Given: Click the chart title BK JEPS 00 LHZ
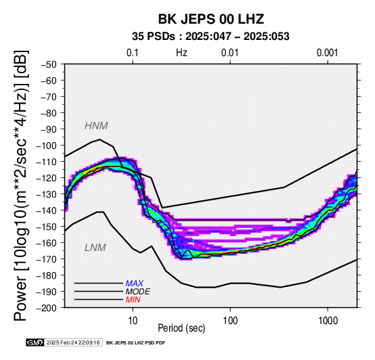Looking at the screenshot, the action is (x=211, y=19).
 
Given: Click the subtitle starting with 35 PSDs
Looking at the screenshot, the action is (x=211, y=37).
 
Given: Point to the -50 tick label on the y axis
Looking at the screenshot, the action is (x=49, y=64).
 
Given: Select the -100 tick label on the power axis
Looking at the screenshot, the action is (x=47, y=145).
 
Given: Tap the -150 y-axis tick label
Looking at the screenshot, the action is (x=47, y=227).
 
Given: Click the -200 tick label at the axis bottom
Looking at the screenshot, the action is (x=47, y=308).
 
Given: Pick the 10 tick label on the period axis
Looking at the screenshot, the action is (x=133, y=321).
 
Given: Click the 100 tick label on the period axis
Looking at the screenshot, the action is (x=230, y=321).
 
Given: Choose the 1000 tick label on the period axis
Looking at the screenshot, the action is (x=328, y=321).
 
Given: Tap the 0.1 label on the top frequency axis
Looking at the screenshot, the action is (x=133, y=53).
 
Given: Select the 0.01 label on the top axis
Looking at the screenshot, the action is (x=230, y=53).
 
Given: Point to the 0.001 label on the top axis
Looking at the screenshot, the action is (x=327, y=53).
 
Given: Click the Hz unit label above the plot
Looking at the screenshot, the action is (x=181, y=53).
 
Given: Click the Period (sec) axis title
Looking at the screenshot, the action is (x=181, y=328).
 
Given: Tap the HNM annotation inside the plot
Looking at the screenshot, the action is (x=96, y=126).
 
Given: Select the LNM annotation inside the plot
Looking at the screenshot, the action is (x=95, y=248).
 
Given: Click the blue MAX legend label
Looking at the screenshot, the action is (x=135, y=284).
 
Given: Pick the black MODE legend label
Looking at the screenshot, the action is (x=138, y=292).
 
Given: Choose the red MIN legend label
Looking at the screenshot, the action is (x=133, y=300).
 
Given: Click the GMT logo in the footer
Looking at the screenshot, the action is (x=35, y=342).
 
